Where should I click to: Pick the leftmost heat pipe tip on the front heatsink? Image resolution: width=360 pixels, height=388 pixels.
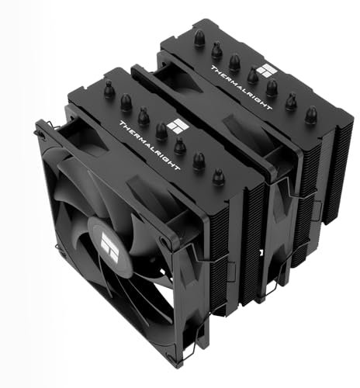[109, 92]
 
